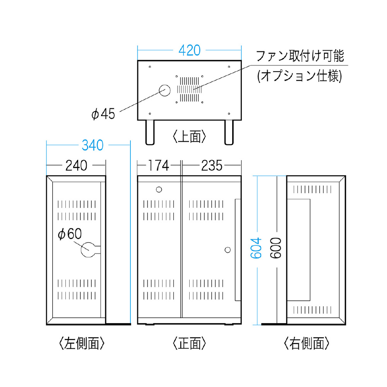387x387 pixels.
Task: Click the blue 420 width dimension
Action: click(189, 50)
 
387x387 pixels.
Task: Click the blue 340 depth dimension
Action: click(92, 145)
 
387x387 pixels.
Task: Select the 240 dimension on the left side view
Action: click(76, 165)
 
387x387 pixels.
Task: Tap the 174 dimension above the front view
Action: click(158, 165)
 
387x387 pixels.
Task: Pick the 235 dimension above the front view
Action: click(212, 165)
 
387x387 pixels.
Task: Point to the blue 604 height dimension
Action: click(256, 248)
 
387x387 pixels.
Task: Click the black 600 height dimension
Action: click(276, 248)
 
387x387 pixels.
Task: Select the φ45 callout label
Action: click(103, 114)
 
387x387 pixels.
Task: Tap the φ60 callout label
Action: click(70, 234)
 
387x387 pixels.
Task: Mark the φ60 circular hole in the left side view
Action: click(88, 250)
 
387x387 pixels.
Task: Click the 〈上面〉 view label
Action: click(189, 137)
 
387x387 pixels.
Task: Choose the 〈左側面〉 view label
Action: click(82, 343)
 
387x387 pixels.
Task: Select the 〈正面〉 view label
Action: click(189, 343)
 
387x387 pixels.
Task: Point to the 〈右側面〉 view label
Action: click(307, 343)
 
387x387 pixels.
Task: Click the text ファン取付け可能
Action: click(300, 56)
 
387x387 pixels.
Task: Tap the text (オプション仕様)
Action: click(300, 76)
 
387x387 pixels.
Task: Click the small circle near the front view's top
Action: click(159, 190)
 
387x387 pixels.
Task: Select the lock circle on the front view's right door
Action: click(228, 250)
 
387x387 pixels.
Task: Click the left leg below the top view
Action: click(150, 132)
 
